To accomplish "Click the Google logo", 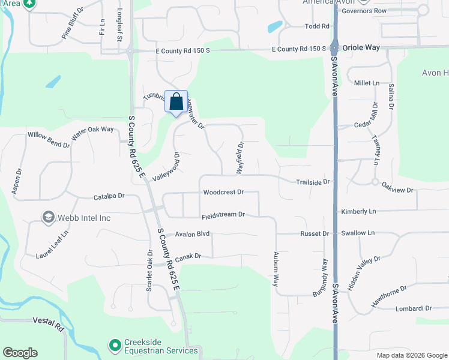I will pyautogui.click(x=20, y=353).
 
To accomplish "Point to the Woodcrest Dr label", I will pyautogui.click(x=223, y=193).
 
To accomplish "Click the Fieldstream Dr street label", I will pyautogui.click(x=223, y=214).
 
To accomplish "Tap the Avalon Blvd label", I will pyautogui.click(x=191, y=234).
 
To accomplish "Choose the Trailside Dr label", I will pyautogui.click(x=313, y=182).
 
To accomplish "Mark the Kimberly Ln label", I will pyautogui.click(x=358, y=212).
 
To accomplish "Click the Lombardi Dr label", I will pyautogui.click(x=414, y=308).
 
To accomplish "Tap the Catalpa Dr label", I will pyautogui.click(x=109, y=196).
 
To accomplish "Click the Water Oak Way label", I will pyautogui.click(x=92, y=133).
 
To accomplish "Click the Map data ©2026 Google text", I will pyautogui.click(x=411, y=355).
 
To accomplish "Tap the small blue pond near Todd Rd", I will pyautogui.click(x=275, y=27).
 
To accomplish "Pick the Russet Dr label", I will pyautogui.click(x=317, y=234).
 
